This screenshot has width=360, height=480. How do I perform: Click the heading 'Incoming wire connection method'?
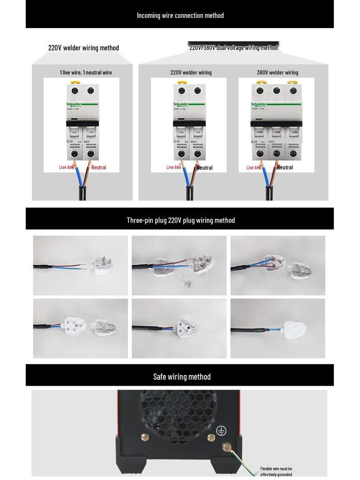[180, 15]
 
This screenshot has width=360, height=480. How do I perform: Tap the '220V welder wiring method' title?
[83, 48]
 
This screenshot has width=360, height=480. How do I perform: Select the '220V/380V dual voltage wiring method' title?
[233, 47]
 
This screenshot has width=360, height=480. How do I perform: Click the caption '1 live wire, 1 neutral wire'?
[86, 73]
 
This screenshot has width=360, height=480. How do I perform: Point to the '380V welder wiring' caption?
[277, 73]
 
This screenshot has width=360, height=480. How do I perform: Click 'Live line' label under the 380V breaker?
[254, 167]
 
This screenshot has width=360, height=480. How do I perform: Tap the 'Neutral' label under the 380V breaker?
[285, 167]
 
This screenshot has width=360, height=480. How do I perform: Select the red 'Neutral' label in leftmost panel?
[98, 167]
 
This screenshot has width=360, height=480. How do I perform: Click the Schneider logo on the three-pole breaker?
[259, 105]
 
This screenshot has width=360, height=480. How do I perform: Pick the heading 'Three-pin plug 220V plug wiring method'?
[180, 220]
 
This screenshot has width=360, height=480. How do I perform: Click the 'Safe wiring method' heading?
[182, 377]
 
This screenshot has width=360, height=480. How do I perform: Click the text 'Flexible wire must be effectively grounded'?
[276, 472]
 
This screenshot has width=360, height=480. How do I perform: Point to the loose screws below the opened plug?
[186, 283]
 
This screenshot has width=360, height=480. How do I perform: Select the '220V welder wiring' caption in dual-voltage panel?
[191, 73]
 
